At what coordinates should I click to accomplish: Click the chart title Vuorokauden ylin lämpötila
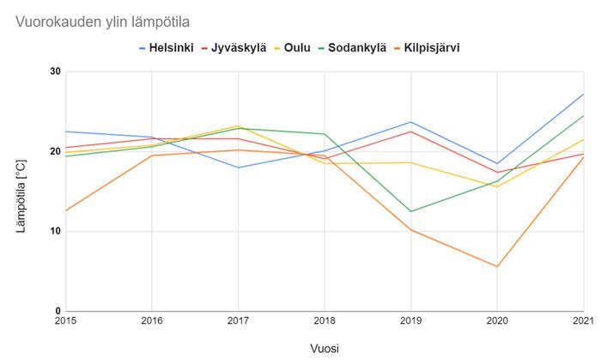point(103,21)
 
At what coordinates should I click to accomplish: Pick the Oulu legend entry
point(296,47)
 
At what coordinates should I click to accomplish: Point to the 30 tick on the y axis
point(56,71)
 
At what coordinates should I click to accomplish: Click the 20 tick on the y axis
point(56,151)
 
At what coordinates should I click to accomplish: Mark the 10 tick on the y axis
point(56,231)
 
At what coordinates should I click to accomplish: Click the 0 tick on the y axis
point(58,311)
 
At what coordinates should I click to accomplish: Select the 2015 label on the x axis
point(65,320)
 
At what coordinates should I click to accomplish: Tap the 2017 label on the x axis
point(238,320)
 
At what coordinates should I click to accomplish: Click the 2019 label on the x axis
point(410,320)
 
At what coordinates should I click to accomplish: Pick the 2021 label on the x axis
point(583,320)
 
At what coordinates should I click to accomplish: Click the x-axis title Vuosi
point(324,348)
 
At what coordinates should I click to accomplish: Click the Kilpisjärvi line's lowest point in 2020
point(497,266)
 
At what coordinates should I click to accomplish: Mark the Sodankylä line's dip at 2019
point(410,211)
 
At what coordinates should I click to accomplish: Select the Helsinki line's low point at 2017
point(238,168)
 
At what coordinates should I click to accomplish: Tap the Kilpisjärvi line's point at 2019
point(410,229)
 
